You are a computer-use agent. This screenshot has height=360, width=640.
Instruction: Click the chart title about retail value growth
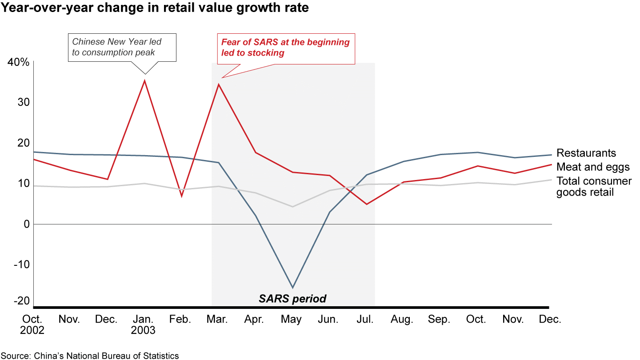(155, 8)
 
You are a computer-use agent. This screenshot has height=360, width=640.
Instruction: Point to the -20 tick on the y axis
(21, 301)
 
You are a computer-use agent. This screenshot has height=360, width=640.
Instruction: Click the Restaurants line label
(586, 153)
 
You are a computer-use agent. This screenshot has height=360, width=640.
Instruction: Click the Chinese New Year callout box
(123, 48)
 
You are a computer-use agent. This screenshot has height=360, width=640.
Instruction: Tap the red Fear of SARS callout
(286, 48)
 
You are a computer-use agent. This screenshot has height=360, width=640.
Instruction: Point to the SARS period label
(292, 299)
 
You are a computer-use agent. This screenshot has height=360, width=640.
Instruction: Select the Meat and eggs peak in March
(219, 84)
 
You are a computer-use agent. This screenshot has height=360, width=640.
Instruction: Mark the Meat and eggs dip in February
(182, 196)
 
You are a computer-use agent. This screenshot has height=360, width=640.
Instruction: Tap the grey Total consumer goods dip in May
(292, 207)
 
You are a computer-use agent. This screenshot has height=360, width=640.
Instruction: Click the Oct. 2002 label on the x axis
(33, 324)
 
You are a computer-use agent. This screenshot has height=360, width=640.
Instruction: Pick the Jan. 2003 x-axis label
(144, 324)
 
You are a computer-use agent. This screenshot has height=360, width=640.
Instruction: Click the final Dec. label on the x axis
(550, 320)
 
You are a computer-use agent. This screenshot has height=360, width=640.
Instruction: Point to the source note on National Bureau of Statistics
(90, 356)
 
